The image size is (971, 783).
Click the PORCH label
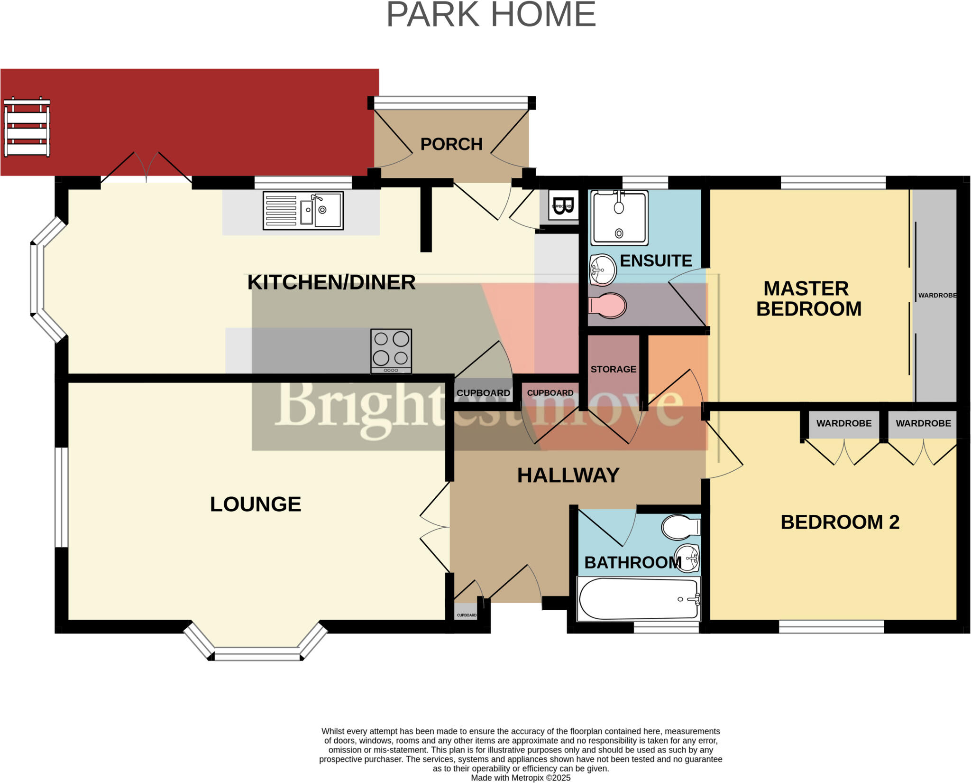(451, 144)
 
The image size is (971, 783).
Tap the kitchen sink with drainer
(303, 211)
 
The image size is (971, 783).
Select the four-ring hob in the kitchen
(391, 351)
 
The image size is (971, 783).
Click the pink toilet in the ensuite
(607, 305)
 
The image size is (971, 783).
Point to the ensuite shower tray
(619, 217)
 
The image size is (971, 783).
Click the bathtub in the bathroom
(638, 599)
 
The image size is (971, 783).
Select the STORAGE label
(613, 369)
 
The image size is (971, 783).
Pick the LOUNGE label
(256, 504)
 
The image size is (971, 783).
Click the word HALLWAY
(568, 475)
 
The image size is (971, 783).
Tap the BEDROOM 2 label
(840, 522)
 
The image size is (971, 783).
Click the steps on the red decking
(27, 127)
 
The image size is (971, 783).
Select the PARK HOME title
(491, 15)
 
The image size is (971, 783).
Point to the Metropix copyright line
(520, 778)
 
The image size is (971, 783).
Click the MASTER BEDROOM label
(808, 298)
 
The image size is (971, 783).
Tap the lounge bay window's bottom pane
(257, 656)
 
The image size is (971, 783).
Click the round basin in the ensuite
(602, 270)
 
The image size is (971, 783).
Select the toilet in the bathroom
(681, 527)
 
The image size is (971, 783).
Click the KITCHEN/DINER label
(331, 282)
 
